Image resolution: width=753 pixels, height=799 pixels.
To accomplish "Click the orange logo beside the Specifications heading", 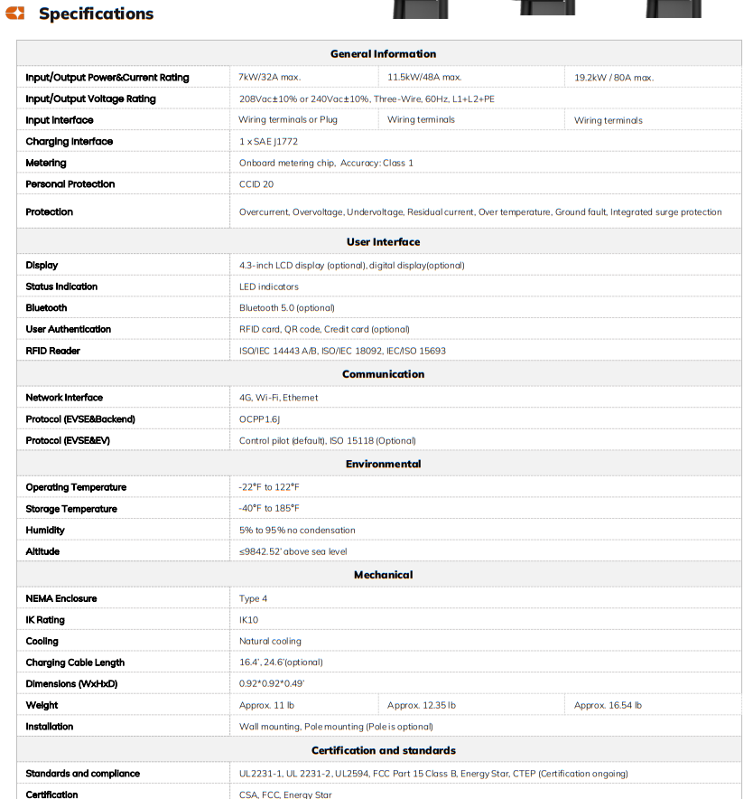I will tap(15, 14).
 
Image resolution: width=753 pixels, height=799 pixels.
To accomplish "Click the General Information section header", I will tap(383, 54).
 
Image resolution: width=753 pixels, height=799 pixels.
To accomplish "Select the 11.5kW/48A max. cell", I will tap(424, 78).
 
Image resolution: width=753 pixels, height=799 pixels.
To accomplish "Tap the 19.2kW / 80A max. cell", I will tap(614, 78).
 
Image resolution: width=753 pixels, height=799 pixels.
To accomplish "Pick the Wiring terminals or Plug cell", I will tap(288, 120).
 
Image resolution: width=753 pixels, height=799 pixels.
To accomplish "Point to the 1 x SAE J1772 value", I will tap(268, 142).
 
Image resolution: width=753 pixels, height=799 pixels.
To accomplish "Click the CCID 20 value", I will tap(256, 184).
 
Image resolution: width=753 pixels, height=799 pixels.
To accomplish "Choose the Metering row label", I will tap(46, 164).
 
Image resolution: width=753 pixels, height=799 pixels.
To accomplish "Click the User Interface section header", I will tap(383, 242).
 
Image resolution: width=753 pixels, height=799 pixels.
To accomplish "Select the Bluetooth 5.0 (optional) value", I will tap(286, 308).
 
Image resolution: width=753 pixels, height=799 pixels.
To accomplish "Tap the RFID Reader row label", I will tap(53, 351).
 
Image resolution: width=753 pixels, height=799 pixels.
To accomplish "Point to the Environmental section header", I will tap(383, 465).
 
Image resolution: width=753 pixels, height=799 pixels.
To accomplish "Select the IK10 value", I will tap(248, 620).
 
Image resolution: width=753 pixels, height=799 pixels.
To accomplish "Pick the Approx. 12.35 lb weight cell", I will tap(422, 705).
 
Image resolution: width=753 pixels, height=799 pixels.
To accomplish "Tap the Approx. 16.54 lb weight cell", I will tap(608, 705).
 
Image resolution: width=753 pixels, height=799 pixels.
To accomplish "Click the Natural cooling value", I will tap(270, 642).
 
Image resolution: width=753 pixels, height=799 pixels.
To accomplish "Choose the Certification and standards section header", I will tap(383, 751).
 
